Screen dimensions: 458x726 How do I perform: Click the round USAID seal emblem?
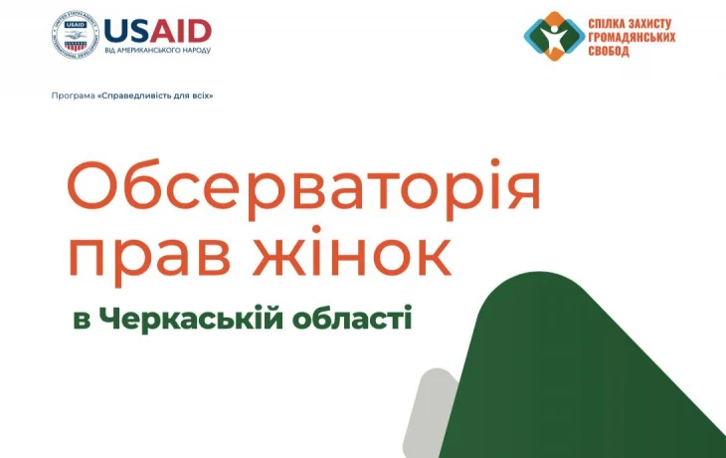[x=73, y=37]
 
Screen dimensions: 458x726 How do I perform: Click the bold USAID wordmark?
[x=156, y=30]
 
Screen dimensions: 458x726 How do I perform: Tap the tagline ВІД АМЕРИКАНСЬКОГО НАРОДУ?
[x=157, y=50]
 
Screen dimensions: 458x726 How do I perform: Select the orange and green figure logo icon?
[x=550, y=37]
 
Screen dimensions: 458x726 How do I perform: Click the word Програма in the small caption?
[x=73, y=96]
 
